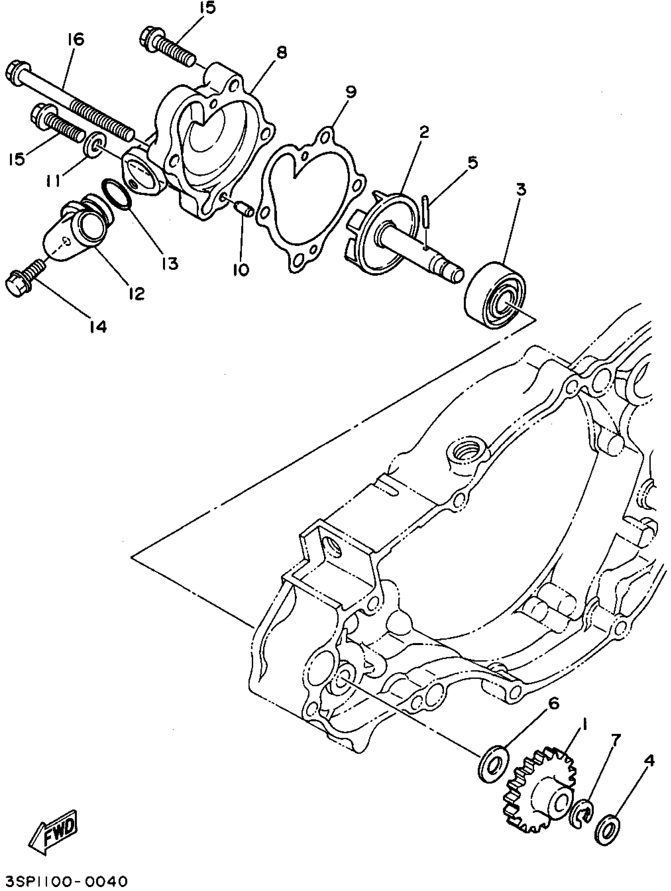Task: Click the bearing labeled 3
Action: pyautogui.click(x=495, y=294)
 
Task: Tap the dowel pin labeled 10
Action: pyautogui.click(x=244, y=210)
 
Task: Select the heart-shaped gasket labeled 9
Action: pyautogui.click(x=310, y=197)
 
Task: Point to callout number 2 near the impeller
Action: pyautogui.click(x=424, y=132)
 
